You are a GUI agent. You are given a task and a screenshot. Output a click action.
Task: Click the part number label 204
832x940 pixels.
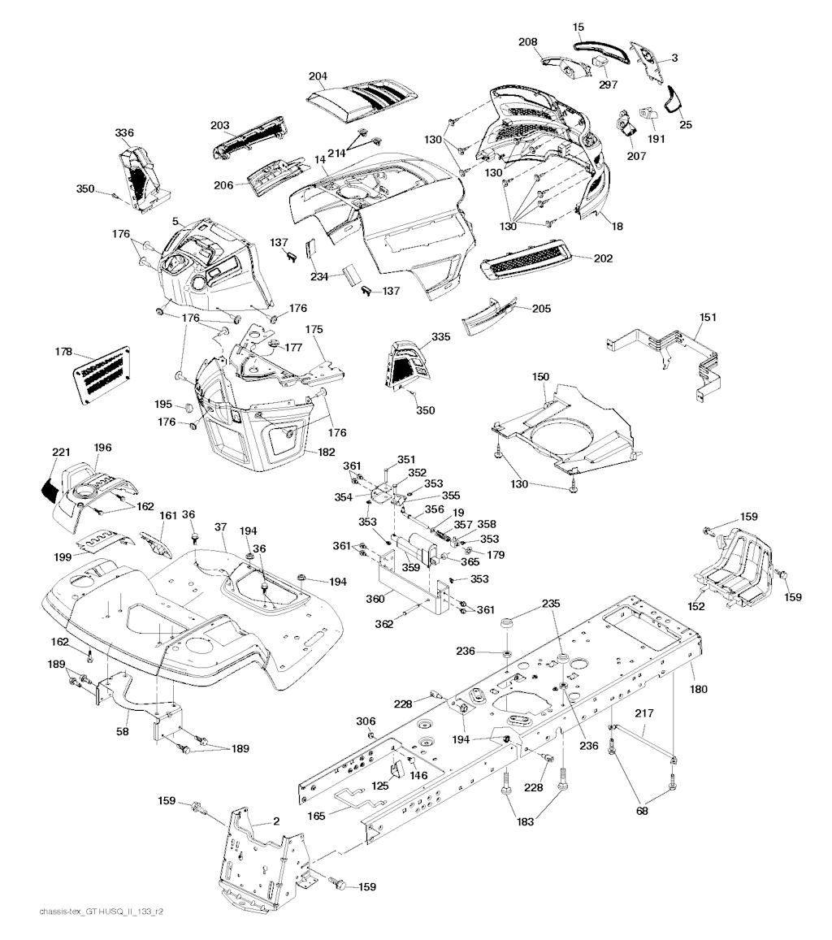coord(318,76)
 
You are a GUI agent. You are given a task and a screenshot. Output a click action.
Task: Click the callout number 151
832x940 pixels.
coord(708,317)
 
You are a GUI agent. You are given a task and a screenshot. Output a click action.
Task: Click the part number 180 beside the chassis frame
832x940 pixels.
coord(698,689)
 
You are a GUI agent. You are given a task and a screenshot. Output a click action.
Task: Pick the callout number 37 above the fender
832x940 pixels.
coord(220,527)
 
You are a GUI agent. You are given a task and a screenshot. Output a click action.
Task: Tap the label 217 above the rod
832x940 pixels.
coord(644,713)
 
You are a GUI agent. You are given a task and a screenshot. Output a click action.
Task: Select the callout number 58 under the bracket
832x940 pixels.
coord(123,731)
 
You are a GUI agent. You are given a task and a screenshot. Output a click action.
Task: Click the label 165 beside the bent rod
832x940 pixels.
coord(316,816)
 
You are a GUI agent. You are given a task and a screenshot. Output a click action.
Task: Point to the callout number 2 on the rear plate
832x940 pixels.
coord(276,821)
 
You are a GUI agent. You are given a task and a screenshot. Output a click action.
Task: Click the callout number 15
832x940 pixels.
coord(578,28)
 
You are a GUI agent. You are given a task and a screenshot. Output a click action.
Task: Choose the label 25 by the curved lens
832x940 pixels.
coord(686,124)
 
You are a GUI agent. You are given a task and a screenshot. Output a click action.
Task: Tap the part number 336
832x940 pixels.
coord(124,133)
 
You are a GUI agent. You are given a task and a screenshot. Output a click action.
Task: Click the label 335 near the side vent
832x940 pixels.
coord(440,337)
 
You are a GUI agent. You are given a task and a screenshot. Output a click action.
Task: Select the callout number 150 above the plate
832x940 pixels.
coord(540,377)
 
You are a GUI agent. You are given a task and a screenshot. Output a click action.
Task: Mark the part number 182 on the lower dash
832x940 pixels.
coord(326,452)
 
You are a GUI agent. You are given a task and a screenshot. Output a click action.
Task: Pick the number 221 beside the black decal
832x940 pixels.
coord(61,453)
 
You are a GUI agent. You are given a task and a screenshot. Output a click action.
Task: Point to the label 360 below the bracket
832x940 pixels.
coord(375,599)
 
